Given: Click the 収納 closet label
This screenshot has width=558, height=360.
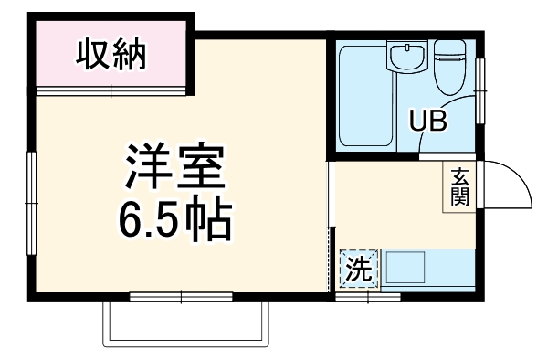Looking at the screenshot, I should tap(111, 57).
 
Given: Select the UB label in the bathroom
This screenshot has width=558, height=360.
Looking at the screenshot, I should tap(427, 121).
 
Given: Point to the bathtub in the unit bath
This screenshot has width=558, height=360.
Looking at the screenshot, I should tap(364, 96).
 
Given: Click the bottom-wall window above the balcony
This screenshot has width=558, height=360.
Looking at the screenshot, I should tap(181, 296).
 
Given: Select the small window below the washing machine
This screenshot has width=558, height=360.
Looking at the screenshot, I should tap(367, 297).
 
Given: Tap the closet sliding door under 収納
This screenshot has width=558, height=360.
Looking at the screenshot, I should tap(111, 90).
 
